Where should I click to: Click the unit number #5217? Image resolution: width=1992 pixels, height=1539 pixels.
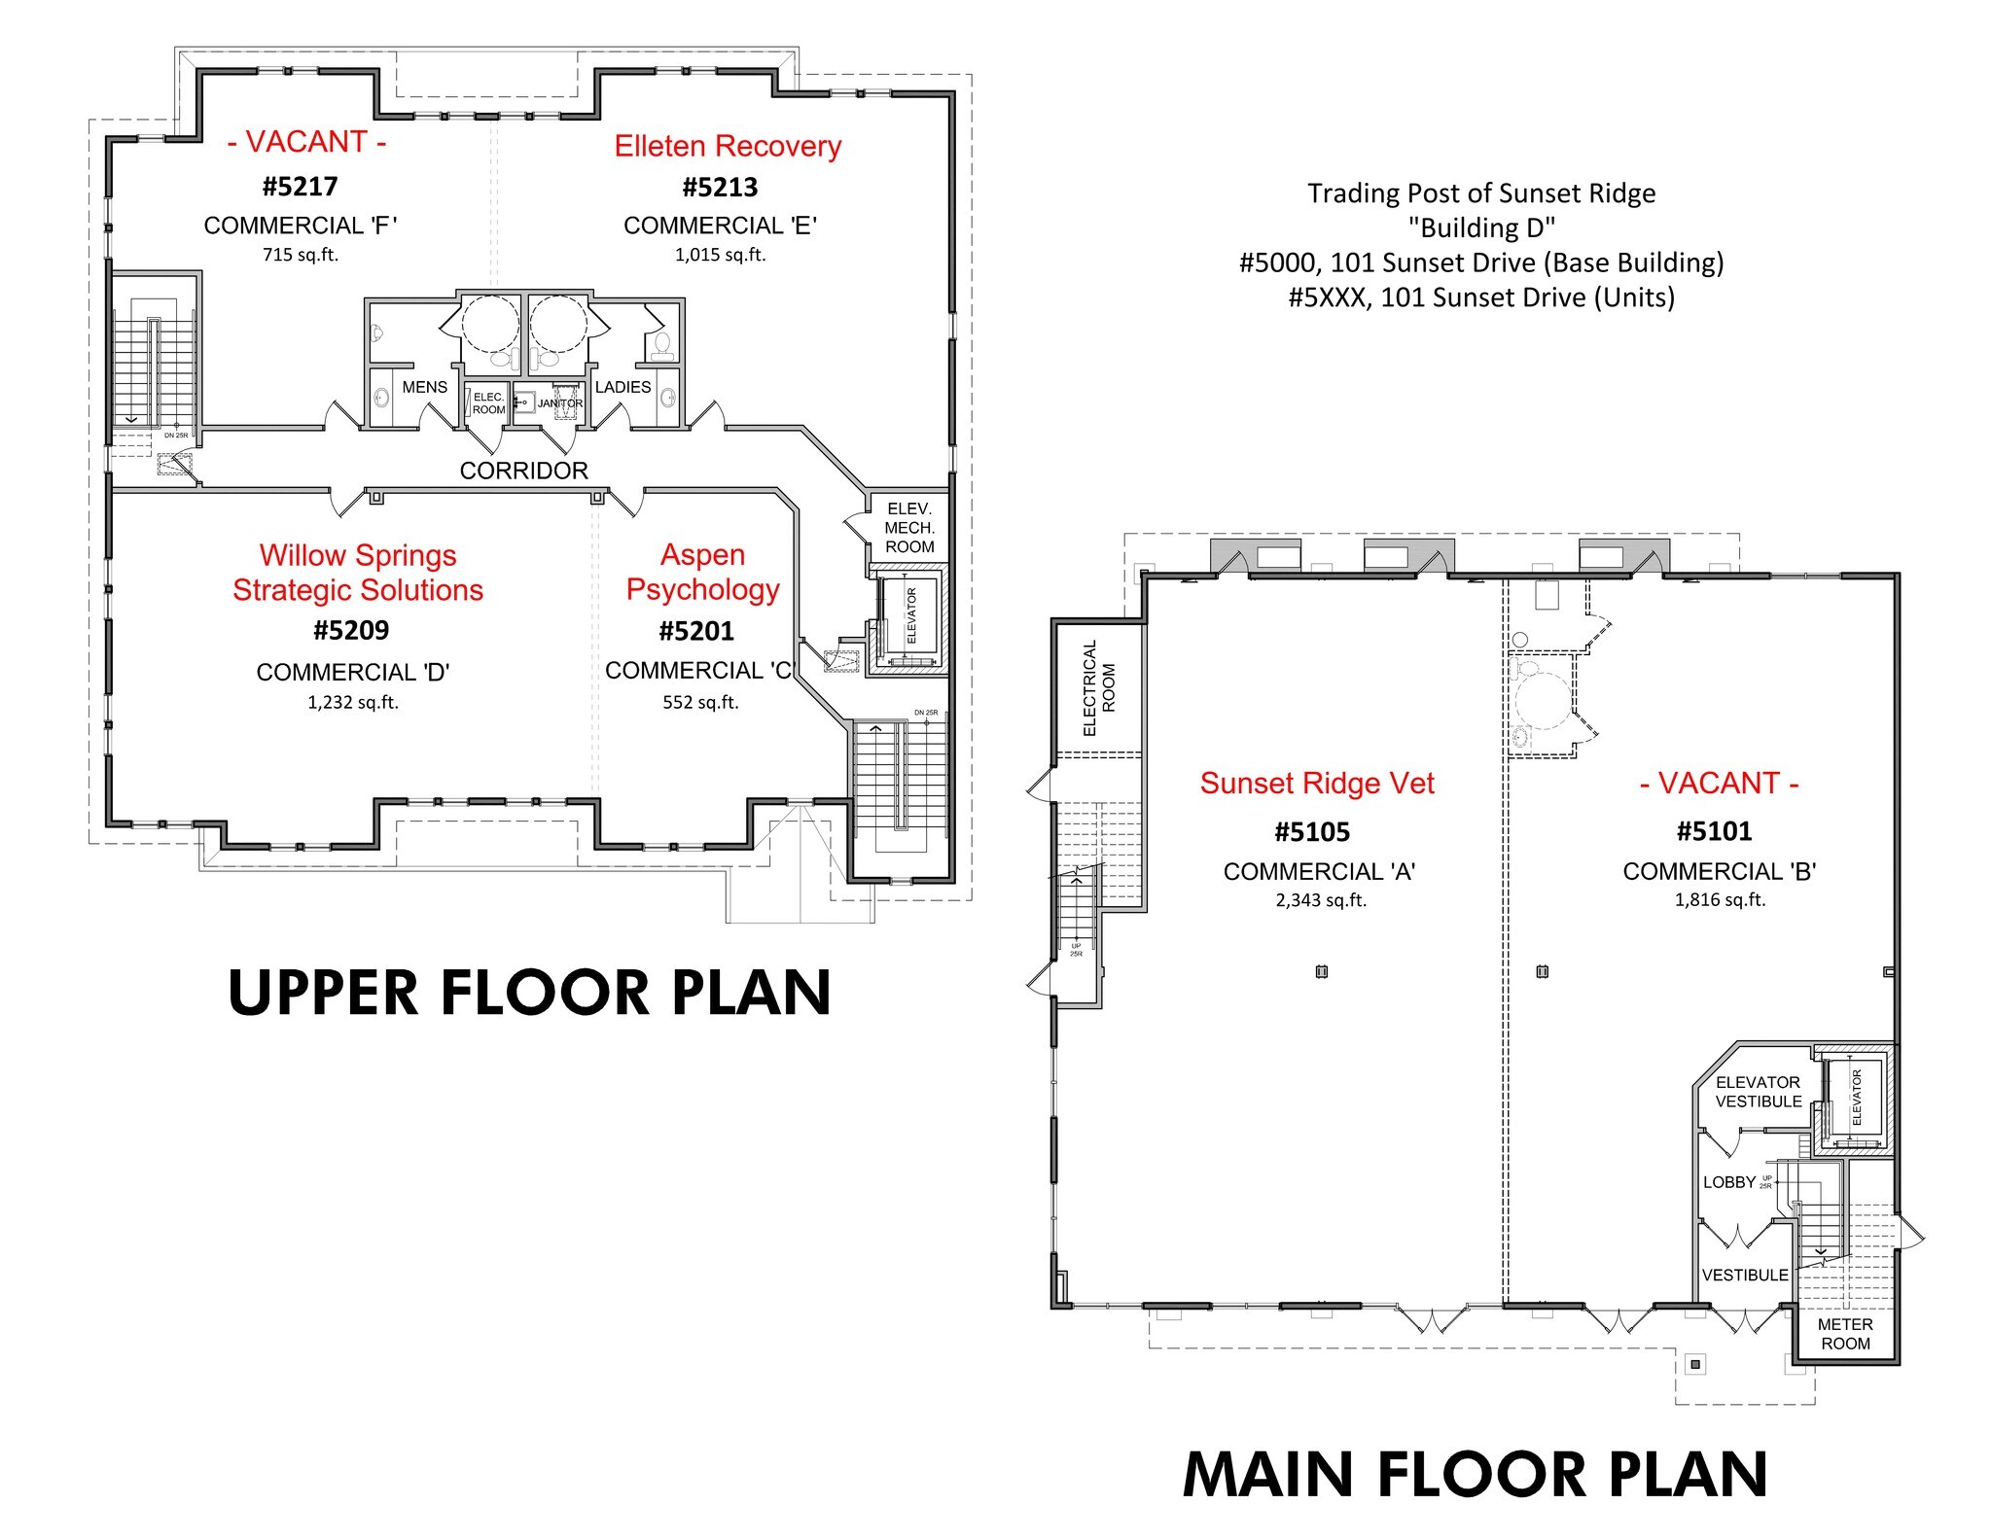300,186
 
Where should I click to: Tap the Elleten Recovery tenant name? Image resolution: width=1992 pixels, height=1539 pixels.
727,146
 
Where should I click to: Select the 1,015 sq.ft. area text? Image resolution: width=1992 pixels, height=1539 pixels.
720,255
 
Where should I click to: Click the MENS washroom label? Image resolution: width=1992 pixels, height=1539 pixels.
424,387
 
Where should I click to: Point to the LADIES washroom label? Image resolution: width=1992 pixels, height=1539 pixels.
622,387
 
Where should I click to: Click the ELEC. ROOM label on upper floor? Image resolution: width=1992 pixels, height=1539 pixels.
488,403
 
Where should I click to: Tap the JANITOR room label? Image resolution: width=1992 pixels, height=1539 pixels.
560,403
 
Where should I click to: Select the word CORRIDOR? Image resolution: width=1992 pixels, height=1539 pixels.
523,471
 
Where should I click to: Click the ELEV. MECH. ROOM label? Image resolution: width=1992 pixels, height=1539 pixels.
908,528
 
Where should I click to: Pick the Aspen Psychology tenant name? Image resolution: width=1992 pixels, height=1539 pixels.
702,572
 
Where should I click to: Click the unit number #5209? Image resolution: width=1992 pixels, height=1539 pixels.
350,631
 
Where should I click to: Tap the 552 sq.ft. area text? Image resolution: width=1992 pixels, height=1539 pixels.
700,702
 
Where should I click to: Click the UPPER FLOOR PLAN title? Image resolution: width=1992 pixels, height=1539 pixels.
529,993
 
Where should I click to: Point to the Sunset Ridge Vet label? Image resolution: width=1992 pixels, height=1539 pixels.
1316,784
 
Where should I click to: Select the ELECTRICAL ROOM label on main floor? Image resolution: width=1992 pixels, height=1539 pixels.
1098,687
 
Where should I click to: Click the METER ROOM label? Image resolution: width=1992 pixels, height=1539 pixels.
1844,1334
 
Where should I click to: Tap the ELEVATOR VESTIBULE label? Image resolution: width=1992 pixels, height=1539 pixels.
1758,1092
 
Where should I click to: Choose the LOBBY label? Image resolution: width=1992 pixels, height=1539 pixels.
1728,1182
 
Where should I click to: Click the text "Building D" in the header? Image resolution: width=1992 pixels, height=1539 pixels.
1480,228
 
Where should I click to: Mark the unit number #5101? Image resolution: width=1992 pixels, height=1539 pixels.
1714,831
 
